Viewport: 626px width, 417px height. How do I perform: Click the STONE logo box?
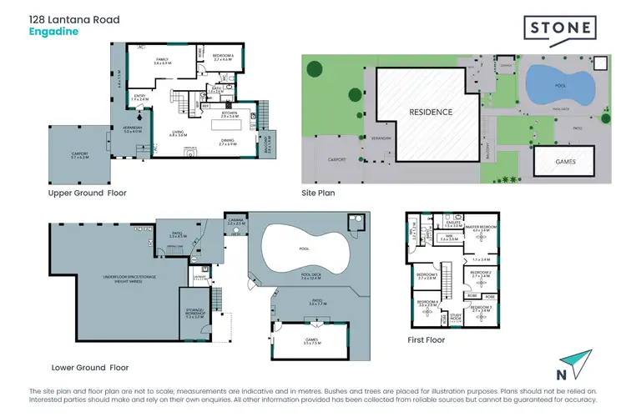click(559, 30)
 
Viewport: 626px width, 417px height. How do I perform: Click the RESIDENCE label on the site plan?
click(431, 112)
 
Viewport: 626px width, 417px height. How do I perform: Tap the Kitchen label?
click(230, 114)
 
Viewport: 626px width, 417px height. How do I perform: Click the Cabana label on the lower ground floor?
click(235, 223)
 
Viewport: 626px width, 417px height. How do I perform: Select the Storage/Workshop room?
click(194, 315)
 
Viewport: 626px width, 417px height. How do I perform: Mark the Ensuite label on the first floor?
click(452, 224)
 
